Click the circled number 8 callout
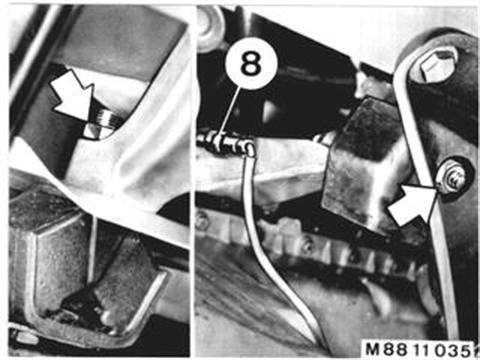point(250,63)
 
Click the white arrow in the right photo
point(413,204)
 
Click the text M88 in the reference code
point(387,349)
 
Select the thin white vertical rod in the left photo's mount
point(93,250)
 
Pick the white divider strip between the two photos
point(193,180)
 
